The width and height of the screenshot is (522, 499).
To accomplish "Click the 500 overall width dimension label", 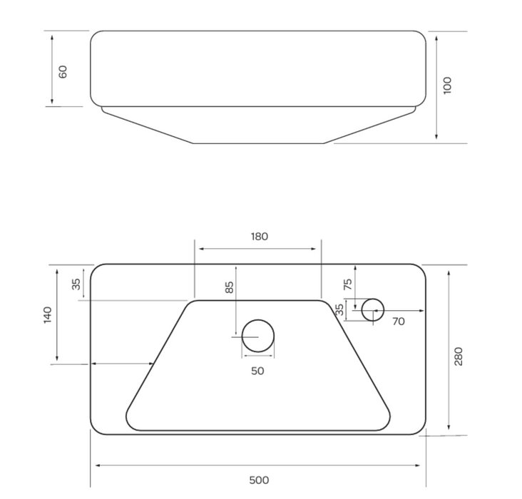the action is point(259,480).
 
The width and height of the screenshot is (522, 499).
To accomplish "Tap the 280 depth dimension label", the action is point(459,356).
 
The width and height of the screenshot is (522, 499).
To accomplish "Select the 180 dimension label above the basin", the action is point(260,237).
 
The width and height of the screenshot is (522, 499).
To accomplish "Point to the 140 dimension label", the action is point(48,315).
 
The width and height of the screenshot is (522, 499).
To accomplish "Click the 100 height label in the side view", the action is point(448,86).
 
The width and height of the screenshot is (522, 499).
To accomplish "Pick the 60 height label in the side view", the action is point(63,72).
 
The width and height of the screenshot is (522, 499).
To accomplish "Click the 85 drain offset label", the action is point(230,287).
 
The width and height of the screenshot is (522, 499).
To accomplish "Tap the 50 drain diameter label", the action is point(257,371).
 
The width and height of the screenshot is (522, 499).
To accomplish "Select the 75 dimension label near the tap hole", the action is point(347,284).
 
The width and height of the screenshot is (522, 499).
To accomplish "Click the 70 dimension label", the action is point(399,321).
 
